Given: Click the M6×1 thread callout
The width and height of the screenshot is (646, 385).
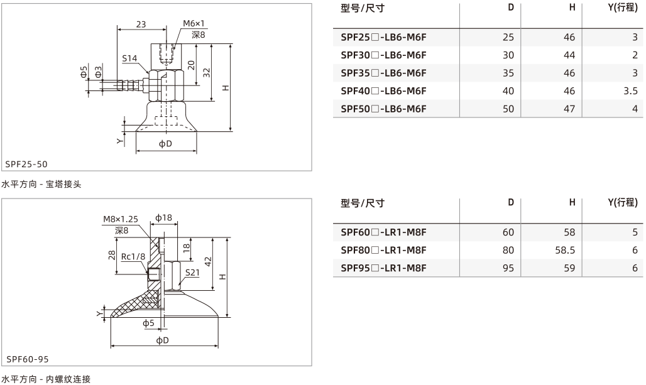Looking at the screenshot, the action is coord(194,23).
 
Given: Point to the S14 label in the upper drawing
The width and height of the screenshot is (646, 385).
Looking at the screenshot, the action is coord(129,58).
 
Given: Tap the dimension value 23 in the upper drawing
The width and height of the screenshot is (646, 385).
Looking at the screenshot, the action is coord(141,24).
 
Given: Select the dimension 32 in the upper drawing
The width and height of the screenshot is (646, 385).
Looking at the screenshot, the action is coord(207,72).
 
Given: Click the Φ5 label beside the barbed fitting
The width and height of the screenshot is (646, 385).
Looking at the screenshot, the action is coord(84,72).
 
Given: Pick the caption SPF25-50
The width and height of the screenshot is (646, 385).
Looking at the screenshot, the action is coord(26,164).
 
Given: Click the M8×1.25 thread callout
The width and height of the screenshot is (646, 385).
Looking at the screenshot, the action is coord(120,219).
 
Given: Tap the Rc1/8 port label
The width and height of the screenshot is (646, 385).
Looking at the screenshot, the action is coord(133,256).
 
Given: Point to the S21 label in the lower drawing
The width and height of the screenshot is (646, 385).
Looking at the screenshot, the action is coord(192,273).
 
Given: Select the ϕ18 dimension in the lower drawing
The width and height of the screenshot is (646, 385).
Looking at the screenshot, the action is coord(163,217).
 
